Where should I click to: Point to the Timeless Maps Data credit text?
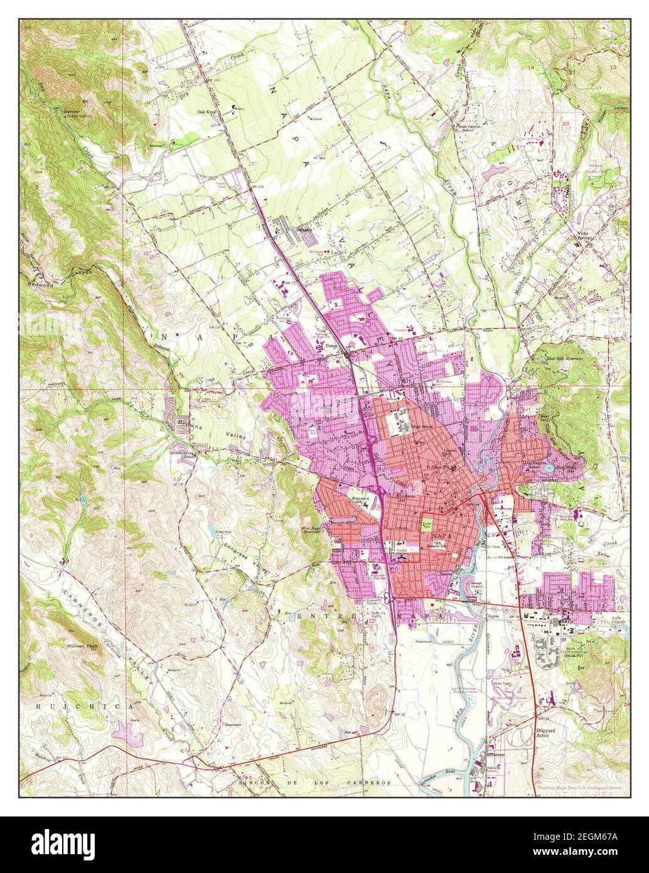581,787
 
